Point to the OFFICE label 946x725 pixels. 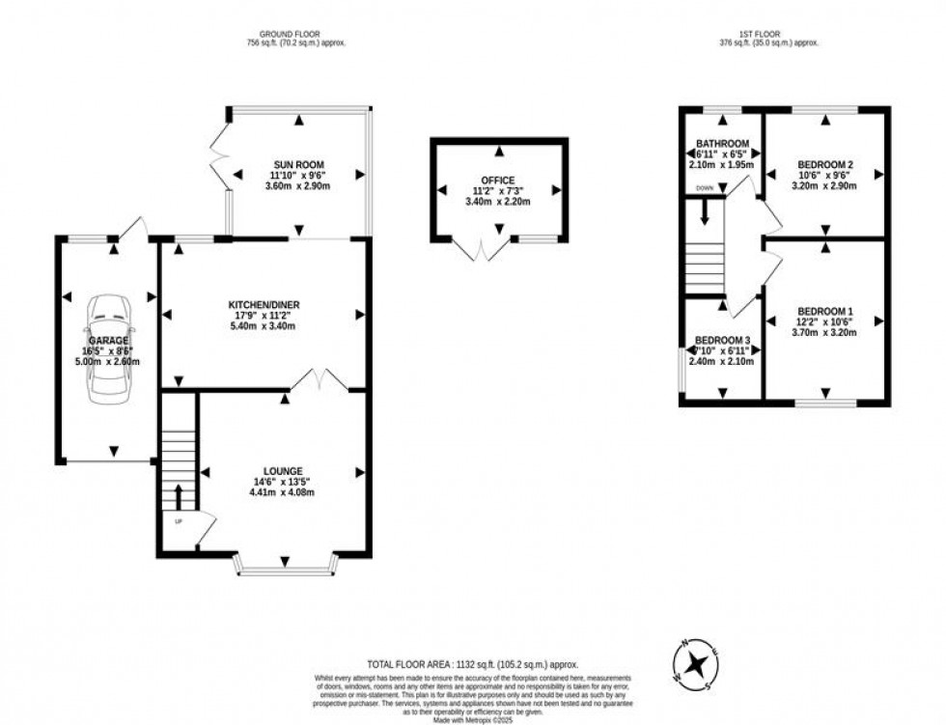point(498,180)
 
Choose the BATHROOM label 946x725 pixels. point(722,144)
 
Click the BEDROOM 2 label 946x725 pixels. point(825,164)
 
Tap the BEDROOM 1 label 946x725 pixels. point(825,310)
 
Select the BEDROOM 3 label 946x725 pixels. point(722,341)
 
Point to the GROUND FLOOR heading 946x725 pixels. point(296,33)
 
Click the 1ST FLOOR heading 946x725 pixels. point(770,33)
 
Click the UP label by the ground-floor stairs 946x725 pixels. point(179,521)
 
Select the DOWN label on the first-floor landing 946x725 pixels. point(705,188)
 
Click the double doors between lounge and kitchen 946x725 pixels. point(320,379)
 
